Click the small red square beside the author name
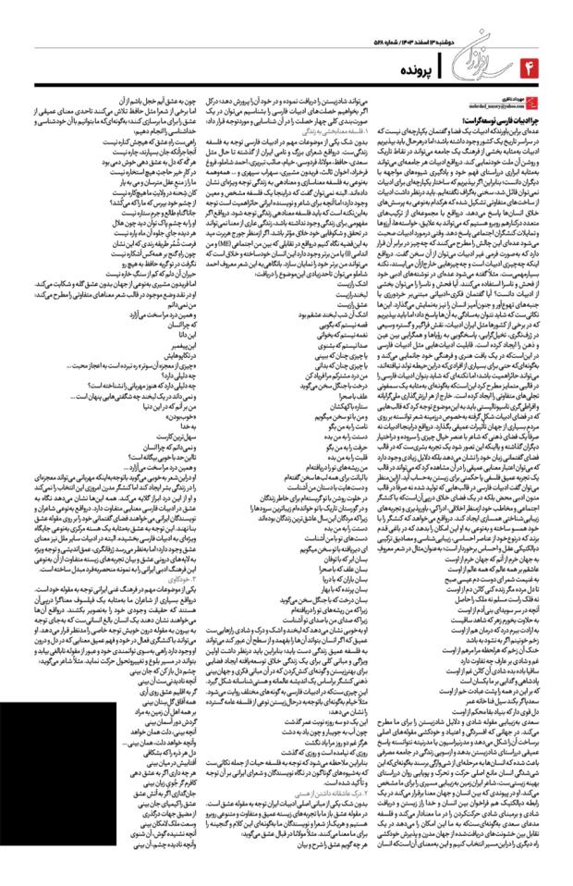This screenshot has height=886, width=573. point(554,104)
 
